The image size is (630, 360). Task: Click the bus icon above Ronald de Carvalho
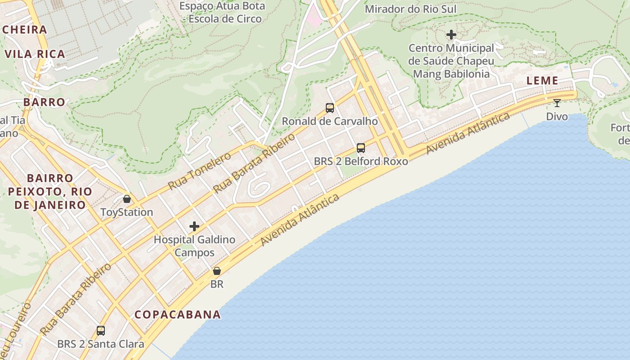click(x=330, y=108)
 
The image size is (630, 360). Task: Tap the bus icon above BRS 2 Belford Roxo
click(x=360, y=148)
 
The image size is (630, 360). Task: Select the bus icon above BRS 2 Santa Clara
click(x=101, y=331)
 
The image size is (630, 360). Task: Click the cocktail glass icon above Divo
click(x=557, y=103)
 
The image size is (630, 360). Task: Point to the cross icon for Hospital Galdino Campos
click(x=194, y=226)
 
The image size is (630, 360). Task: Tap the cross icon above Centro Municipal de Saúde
click(x=451, y=35)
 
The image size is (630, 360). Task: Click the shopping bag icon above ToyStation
click(x=127, y=199)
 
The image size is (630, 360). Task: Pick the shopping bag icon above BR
click(x=216, y=271)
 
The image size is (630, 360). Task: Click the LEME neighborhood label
click(x=543, y=81)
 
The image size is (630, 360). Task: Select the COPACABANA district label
click(x=178, y=315)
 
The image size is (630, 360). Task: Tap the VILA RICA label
click(x=35, y=54)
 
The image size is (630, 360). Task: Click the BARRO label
click(x=44, y=102)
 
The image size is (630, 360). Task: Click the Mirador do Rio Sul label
click(x=410, y=9)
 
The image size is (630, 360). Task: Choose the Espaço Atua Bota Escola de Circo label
click(x=222, y=13)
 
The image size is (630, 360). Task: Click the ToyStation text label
click(x=127, y=212)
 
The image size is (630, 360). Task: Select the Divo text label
click(x=557, y=117)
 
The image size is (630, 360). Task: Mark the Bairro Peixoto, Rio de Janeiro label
click(x=49, y=192)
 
